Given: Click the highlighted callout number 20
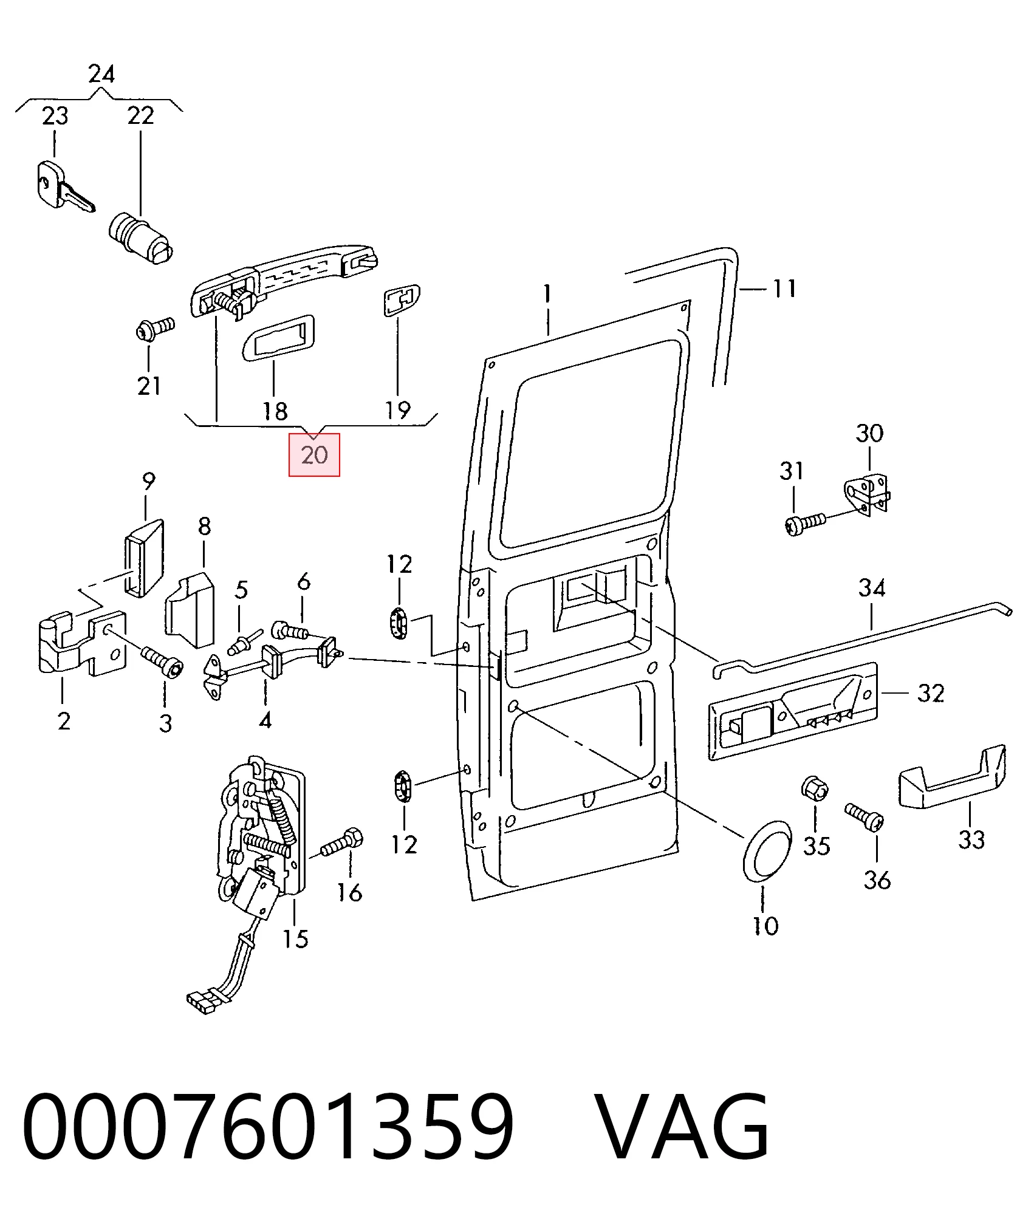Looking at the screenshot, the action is click(x=314, y=455).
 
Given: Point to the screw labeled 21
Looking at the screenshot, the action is click(x=154, y=329).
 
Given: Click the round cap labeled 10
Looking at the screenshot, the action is click(x=768, y=852).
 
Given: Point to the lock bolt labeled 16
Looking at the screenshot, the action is click(x=342, y=844).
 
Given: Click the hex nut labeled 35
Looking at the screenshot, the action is click(x=813, y=788).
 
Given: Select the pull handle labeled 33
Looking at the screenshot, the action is click(x=952, y=777).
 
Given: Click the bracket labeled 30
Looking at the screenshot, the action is click(x=868, y=494).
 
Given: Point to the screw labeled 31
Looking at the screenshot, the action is click(x=806, y=524).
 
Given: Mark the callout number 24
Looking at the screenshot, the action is click(x=101, y=74).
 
